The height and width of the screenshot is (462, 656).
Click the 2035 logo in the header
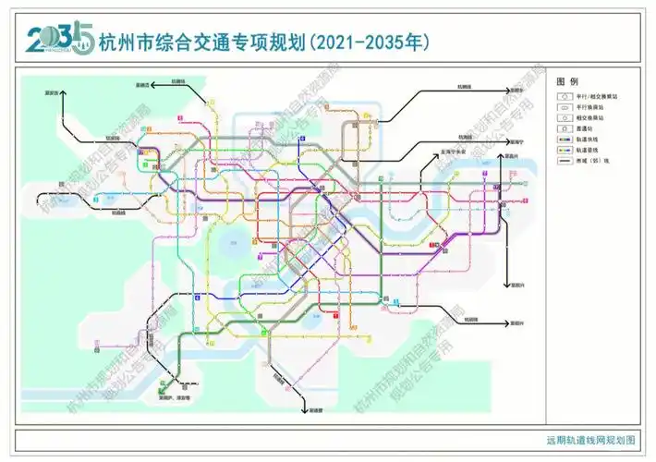point(56,39)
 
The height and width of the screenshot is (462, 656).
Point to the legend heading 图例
point(566,81)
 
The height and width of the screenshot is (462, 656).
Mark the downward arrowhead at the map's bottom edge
point(304,401)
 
